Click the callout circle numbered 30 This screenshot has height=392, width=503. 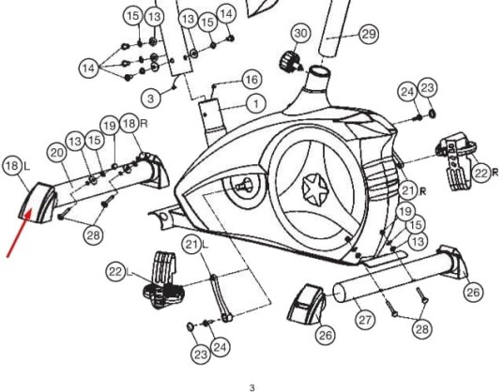(301, 34)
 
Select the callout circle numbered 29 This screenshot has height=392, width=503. (369, 34)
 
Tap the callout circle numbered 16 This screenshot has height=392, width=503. (251, 80)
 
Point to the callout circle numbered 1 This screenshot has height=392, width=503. (256, 104)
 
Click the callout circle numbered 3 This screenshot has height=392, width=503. (151, 98)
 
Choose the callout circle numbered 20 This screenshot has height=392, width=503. (57, 153)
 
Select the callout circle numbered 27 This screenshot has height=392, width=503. (365, 320)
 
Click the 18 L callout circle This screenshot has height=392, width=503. (12, 166)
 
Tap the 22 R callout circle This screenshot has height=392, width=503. (481, 173)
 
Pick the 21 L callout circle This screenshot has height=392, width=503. (192, 245)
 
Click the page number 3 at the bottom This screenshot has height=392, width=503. (252, 387)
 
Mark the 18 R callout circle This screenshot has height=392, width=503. (130, 124)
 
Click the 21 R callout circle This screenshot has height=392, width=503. (409, 190)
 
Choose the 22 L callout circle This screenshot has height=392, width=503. (115, 272)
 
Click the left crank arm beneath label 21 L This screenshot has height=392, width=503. (221, 297)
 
